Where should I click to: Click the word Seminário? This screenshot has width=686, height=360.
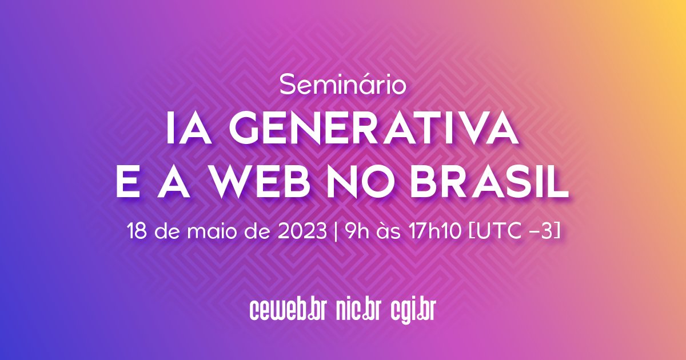pos(343,85)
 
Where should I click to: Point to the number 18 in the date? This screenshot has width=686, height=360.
pos(137,233)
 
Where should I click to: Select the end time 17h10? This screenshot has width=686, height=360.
pos(429,233)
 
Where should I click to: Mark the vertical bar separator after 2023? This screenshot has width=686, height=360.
pos(333,233)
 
